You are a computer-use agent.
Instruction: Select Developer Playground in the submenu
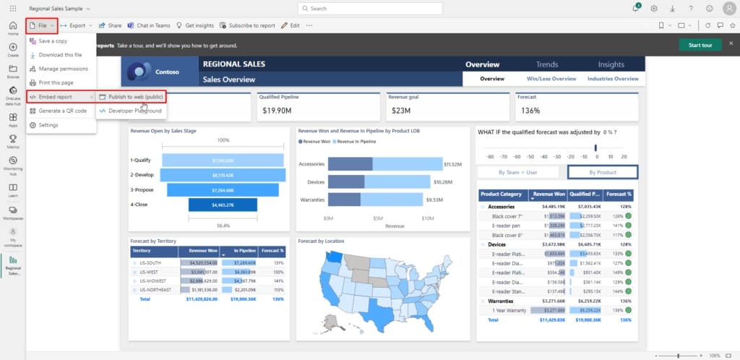[134, 111]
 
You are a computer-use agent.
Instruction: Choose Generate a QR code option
[62, 111]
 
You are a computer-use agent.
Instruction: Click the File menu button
[42, 25]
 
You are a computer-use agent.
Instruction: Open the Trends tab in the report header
[546, 65]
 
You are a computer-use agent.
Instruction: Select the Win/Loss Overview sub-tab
[551, 79]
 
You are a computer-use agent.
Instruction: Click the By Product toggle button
[602, 172]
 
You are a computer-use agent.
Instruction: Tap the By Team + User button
[517, 172]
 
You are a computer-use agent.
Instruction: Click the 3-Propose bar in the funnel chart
[223, 190]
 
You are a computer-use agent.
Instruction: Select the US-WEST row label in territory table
[151, 273]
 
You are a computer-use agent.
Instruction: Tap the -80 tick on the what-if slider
[491, 156]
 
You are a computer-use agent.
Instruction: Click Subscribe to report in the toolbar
[248, 25]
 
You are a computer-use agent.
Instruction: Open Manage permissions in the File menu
[63, 69]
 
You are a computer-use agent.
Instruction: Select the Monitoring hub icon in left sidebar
[13, 163]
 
